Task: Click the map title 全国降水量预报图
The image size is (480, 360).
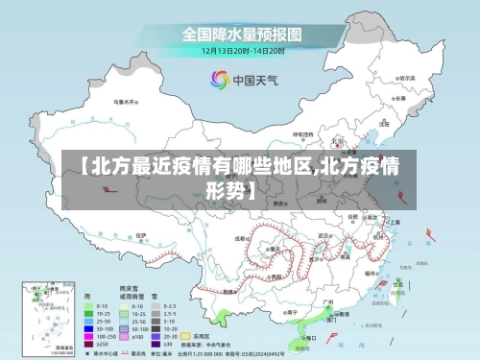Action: click(242, 34)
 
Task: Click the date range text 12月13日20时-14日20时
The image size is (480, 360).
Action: click(242, 51)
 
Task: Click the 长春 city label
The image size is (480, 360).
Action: click(398, 98)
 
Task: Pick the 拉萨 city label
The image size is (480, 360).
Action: click(141, 235)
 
